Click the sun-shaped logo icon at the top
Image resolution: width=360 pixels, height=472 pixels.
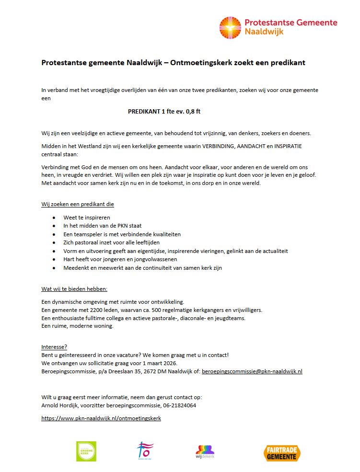(x=231, y=28)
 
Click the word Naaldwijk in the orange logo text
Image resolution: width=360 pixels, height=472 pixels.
(x=264, y=32)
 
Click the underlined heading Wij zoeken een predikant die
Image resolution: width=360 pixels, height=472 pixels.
(x=78, y=204)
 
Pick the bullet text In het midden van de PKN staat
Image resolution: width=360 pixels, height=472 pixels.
(x=102, y=226)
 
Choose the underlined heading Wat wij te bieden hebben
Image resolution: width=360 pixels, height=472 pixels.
(x=74, y=289)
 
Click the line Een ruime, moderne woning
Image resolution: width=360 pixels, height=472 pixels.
(x=77, y=326)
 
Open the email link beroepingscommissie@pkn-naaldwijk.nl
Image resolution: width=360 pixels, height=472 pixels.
(x=252, y=371)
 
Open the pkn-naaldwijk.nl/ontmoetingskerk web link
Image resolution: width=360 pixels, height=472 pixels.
(x=101, y=418)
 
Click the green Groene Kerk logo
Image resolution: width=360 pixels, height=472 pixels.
(x=86, y=451)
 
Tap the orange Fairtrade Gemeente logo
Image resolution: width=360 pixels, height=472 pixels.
(x=282, y=452)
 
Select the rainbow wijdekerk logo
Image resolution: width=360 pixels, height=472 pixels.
(x=205, y=451)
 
